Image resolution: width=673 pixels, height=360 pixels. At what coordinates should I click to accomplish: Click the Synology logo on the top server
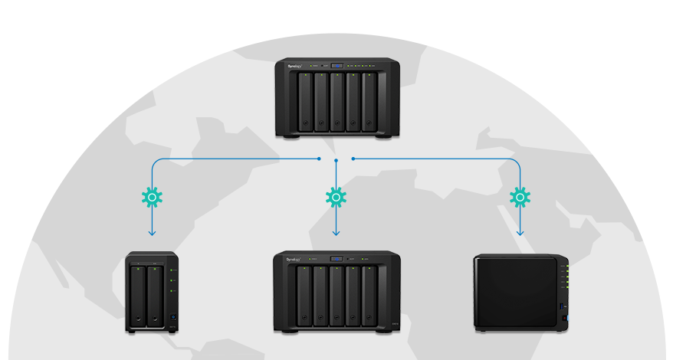295,67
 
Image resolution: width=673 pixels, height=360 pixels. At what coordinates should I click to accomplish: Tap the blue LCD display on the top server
337,67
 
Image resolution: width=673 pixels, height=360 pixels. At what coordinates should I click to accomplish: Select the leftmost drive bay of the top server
305,103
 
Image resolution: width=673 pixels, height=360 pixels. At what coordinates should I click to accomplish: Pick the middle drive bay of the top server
337,103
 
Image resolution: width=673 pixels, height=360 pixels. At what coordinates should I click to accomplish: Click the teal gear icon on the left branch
152,198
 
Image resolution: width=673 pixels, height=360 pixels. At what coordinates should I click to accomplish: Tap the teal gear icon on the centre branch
336,198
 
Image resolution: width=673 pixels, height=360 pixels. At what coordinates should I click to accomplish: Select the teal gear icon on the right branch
520,198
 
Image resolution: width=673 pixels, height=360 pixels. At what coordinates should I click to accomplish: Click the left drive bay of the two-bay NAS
139,296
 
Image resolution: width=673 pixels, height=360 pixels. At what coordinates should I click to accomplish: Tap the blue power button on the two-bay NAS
173,319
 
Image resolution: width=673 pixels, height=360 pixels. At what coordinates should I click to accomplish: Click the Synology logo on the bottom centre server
293,260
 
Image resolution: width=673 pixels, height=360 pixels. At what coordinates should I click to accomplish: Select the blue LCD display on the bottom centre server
336,259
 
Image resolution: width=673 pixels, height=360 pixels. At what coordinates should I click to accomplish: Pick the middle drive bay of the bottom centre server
337,296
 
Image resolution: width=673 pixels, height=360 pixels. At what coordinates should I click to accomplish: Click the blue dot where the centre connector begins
336,161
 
